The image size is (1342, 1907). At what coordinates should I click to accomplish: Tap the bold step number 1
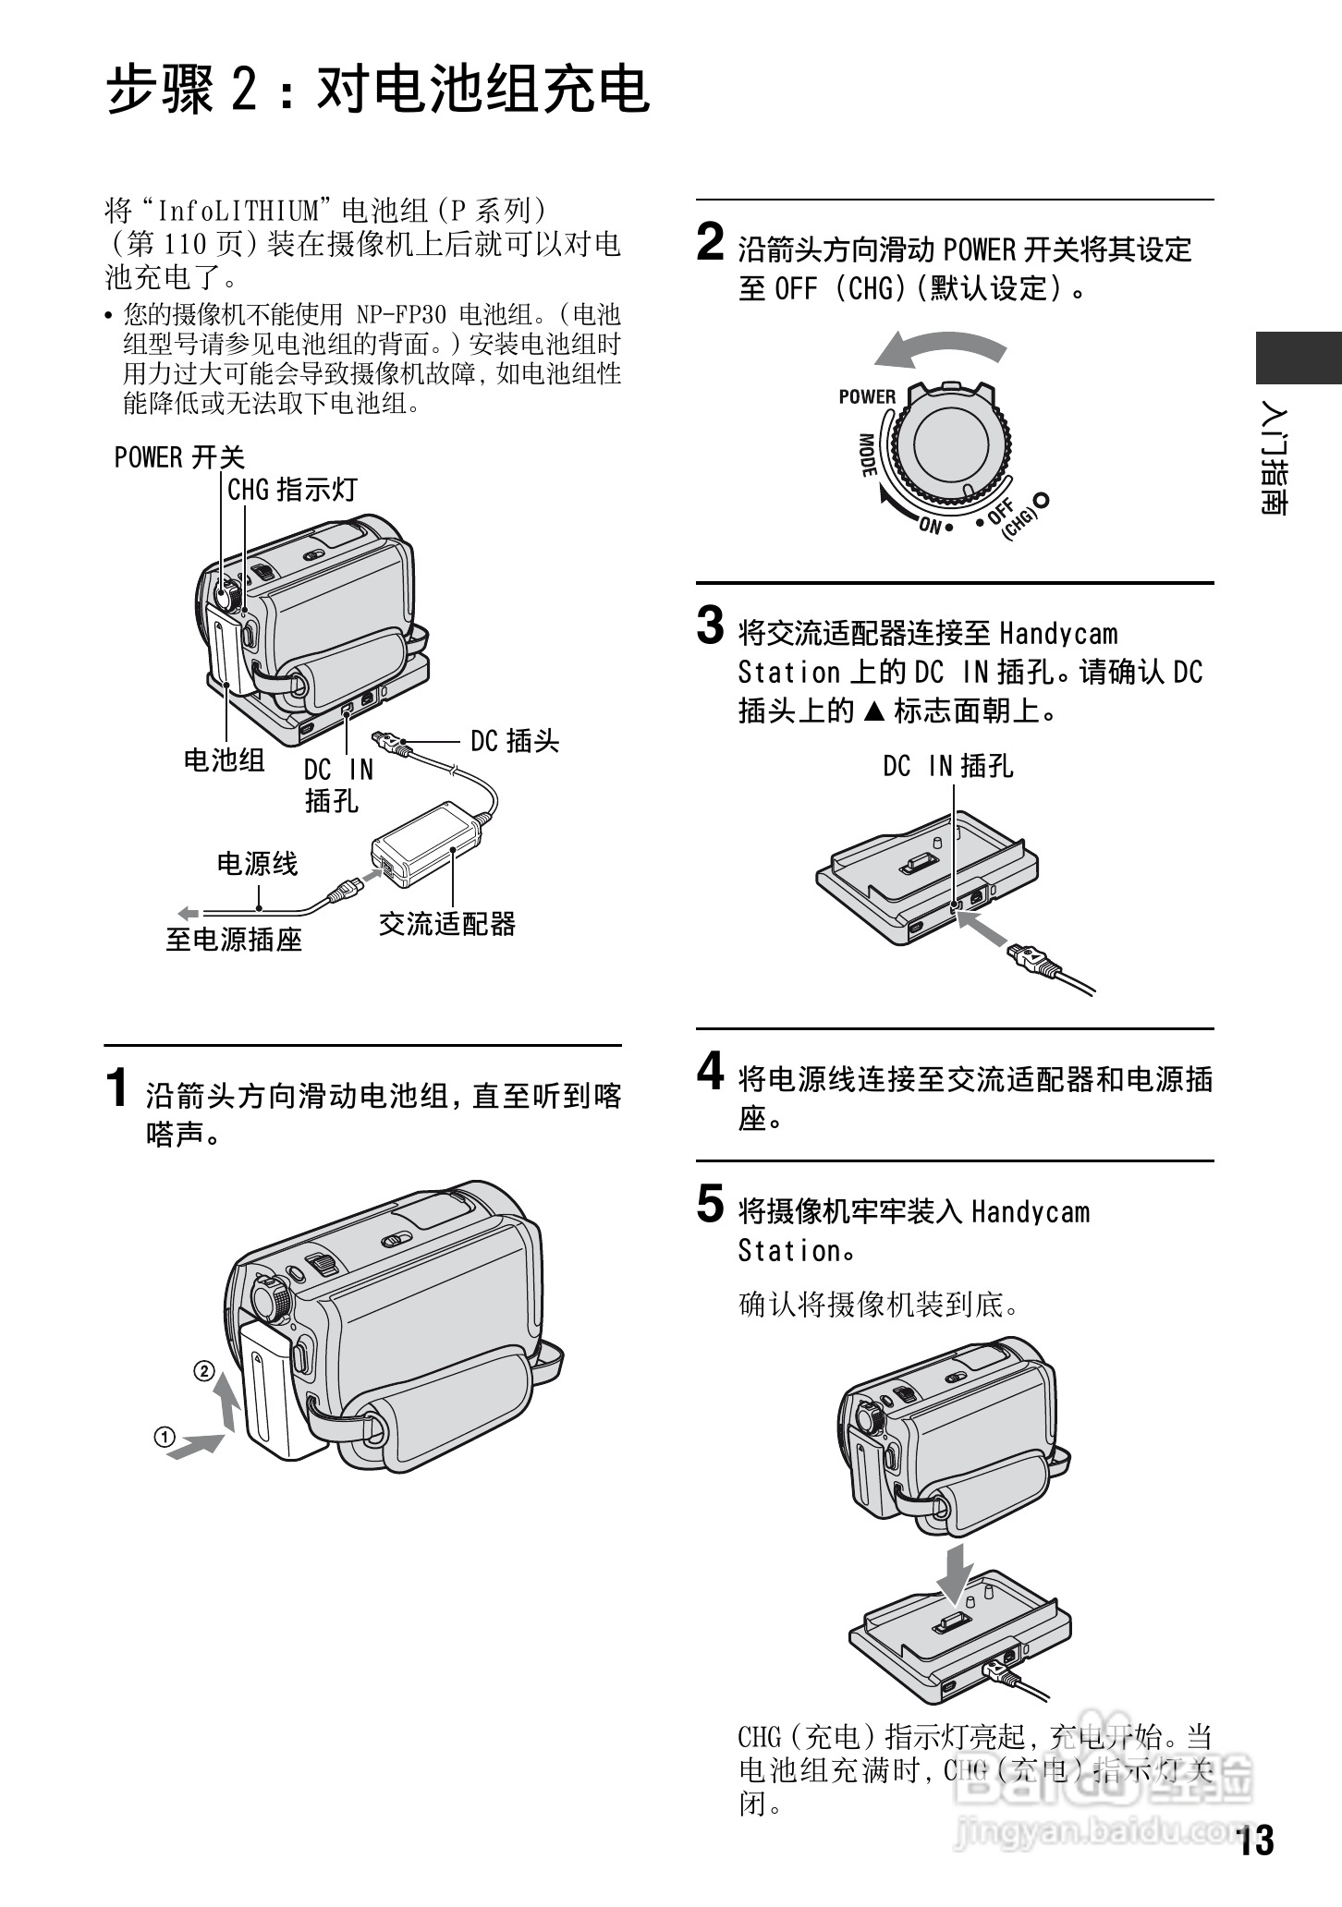[117, 1087]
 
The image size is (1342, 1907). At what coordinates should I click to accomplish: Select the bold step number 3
[710, 626]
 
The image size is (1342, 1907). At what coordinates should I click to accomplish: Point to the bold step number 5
[710, 1204]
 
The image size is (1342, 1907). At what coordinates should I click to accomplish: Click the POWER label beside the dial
[866, 397]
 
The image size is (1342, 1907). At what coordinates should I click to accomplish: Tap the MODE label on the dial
[868, 455]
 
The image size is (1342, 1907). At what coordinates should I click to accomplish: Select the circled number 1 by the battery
[165, 1438]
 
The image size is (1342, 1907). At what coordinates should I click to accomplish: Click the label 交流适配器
[447, 923]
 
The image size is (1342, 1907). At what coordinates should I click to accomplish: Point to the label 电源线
[257, 864]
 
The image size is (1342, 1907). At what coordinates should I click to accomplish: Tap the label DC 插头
[515, 741]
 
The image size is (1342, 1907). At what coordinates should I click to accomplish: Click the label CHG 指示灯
[292, 490]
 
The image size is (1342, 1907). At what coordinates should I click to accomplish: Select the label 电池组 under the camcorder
[224, 760]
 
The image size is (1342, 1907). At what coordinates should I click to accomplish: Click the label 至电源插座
[234, 940]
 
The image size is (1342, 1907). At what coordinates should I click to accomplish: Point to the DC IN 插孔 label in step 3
[947, 766]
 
